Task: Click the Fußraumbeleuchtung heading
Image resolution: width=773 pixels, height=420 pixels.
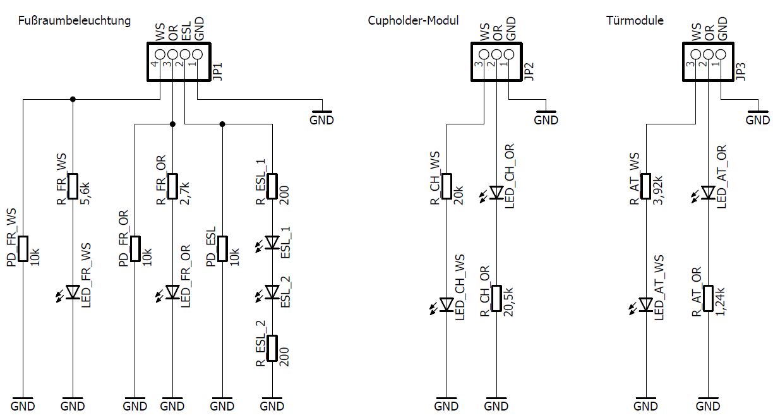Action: [74, 21]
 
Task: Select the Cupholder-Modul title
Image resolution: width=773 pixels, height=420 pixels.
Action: [413, 21]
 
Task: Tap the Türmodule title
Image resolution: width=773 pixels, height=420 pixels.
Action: [634, 21]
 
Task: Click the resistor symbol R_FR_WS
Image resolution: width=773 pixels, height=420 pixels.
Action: [73, 186]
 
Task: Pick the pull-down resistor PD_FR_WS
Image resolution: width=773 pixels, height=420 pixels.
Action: [23, 248]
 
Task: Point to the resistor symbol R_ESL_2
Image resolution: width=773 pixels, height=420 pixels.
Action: [272, 348]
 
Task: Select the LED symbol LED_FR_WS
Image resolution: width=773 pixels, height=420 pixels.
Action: [73, 292]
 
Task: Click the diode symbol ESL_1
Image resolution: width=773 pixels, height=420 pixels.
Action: [272, 243]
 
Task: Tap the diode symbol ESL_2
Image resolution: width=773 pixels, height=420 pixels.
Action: [272, 292]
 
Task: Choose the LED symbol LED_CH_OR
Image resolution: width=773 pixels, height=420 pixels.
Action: [497, 192]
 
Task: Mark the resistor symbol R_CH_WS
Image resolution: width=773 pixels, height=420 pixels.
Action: [446, 186]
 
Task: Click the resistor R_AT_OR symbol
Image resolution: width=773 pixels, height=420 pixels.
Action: [708, 298]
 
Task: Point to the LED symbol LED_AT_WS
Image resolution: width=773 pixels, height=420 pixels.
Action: [645, 305]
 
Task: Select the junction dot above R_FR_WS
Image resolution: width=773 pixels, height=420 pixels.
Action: [73, 99]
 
